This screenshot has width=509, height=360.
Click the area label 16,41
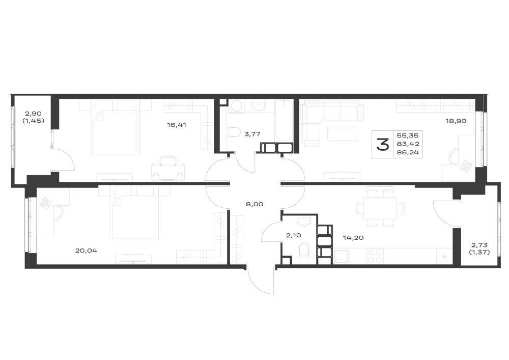[177, 125]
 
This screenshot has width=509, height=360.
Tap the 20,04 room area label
[87, 251]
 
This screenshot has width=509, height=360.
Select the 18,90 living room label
[456, 121]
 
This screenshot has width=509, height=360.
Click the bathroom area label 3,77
[252, 133]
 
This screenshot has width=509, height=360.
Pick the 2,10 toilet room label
[294, 235]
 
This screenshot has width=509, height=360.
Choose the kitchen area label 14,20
[353, 238]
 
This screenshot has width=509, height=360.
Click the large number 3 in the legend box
[383, 145]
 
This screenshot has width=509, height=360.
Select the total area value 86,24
[408, 152]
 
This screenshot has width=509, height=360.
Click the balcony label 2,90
[34, 114]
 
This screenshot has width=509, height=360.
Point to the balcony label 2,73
[479, 245]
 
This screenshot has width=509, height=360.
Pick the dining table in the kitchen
[380, 208]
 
